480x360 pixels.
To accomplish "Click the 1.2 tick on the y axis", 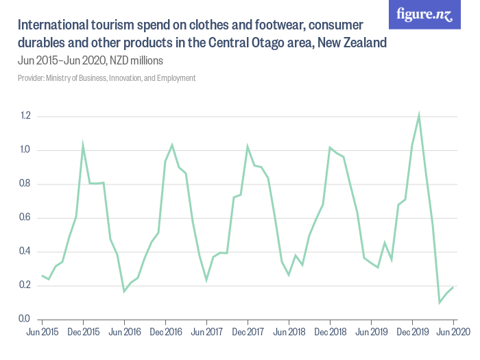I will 25,116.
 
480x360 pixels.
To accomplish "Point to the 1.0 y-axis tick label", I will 25,150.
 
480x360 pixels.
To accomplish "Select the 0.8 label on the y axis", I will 25,184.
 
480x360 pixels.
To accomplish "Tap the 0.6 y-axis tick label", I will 25,218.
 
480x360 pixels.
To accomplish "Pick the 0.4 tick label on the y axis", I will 25,252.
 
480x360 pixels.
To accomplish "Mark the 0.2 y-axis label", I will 25,286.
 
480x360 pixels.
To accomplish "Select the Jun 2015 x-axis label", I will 42,332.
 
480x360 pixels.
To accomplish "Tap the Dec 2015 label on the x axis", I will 83,332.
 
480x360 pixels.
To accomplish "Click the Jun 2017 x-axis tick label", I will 206,332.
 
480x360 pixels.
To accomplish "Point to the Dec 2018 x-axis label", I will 330,332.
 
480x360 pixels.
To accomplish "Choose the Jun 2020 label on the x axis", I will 453,332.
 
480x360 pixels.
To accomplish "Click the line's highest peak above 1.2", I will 418,116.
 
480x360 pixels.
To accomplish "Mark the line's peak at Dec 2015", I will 83,146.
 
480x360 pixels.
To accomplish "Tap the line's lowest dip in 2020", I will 440,302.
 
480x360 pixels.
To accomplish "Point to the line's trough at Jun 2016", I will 124,291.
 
